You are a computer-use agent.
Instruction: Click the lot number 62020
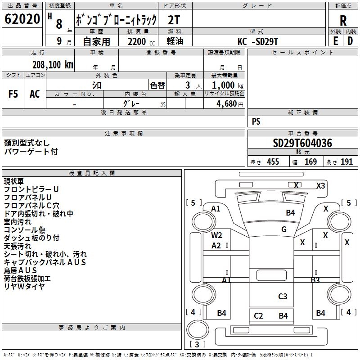click(x=22, y=19)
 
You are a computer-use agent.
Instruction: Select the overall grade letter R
click(x=343, y=20)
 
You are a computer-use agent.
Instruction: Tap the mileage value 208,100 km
click(x=53, y=65)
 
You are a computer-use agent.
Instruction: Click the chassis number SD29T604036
click(x=302, y=143)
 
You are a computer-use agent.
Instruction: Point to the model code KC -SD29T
click(x=258, y=41)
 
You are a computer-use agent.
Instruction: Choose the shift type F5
click(x=13, y=94)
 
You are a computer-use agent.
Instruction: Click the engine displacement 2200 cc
click(x=141, y=41)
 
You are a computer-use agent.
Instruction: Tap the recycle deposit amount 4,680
click(x=227, y=104)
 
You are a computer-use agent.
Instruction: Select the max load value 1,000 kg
click(x=228, y=85)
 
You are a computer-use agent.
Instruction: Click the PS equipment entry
click(x=256, y=121)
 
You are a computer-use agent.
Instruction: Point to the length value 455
click(x=273, y=162)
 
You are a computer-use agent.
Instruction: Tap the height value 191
click(x=346, y=162)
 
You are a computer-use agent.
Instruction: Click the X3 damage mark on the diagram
click(x=321, y=185)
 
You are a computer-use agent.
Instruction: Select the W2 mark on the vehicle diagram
click(x=216, y=235)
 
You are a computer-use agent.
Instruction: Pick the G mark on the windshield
click(x=284, y=229)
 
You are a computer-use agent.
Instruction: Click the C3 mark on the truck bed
click(x=283, y=296)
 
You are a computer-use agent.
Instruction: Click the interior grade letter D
click(x=350, y=41)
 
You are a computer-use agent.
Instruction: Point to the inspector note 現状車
click(x=14, y=181)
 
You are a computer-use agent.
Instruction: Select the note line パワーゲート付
click(x=31, y=152)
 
